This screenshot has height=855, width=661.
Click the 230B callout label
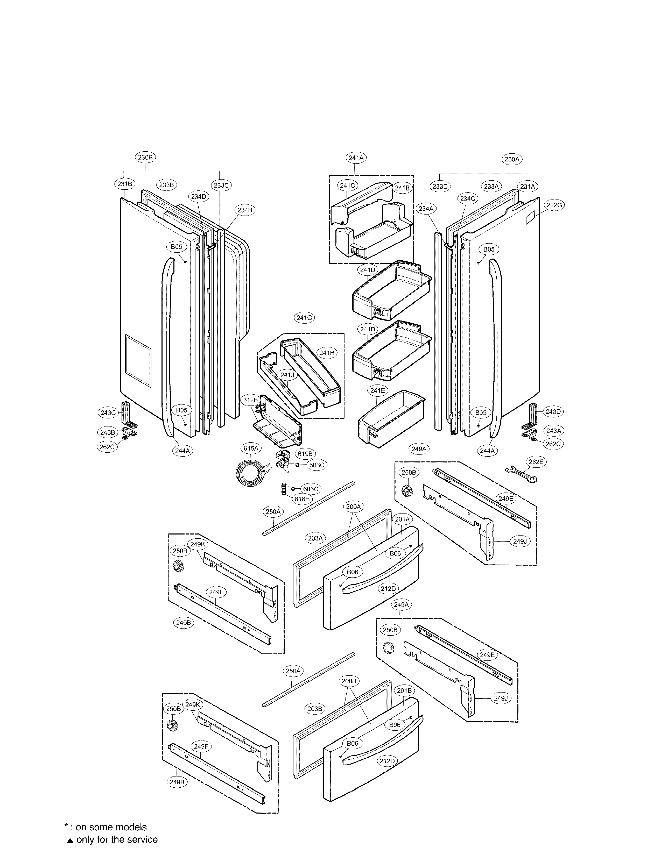click(x=145, y=157)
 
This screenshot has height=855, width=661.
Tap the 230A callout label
click(x=512, y=159)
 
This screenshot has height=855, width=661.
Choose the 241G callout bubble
click(x=304, y=318)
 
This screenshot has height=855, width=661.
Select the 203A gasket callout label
click(x=315, y=538)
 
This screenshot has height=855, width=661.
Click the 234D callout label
click(x=199, y=197)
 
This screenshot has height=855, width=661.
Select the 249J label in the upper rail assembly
click(x=520, y=541)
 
